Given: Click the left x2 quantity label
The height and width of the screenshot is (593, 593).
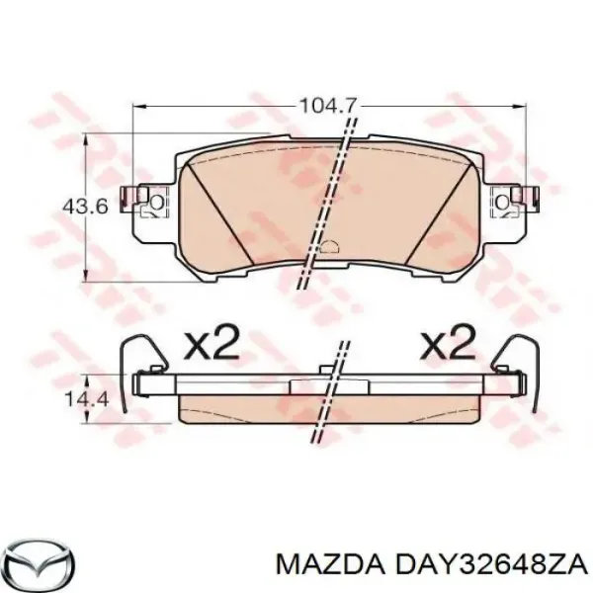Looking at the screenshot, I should [x=212, y=345].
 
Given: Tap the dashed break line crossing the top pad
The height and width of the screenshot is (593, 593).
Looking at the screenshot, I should [x=334, y=198].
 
